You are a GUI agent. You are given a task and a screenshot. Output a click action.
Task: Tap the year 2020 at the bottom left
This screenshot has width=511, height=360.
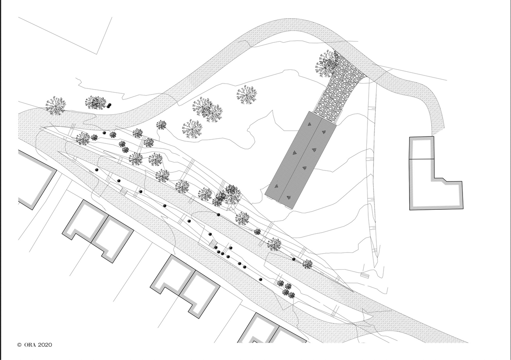coord(45,345)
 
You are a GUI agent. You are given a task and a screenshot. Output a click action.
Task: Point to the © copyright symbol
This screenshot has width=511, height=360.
coord(19,345)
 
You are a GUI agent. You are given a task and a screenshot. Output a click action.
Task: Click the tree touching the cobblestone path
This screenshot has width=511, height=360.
coord(327,64)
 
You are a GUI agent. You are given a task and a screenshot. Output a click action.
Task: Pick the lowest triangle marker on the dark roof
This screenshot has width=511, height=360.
coord(288,198)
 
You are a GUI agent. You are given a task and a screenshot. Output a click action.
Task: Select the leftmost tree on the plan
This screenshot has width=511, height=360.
coord(56,106)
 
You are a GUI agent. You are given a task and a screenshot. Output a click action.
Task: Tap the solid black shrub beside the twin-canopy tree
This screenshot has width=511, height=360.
coord(109,105)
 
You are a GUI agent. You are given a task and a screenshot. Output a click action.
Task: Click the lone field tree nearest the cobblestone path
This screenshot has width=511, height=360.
coord(247,95)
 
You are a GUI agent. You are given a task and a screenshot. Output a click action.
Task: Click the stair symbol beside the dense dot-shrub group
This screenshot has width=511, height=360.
coord(213,244)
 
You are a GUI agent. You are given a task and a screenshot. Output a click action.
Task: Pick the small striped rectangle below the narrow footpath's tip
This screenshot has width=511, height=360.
coord(365,275)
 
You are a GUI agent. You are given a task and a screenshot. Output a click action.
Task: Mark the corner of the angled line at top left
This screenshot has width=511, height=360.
coord(97,54)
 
